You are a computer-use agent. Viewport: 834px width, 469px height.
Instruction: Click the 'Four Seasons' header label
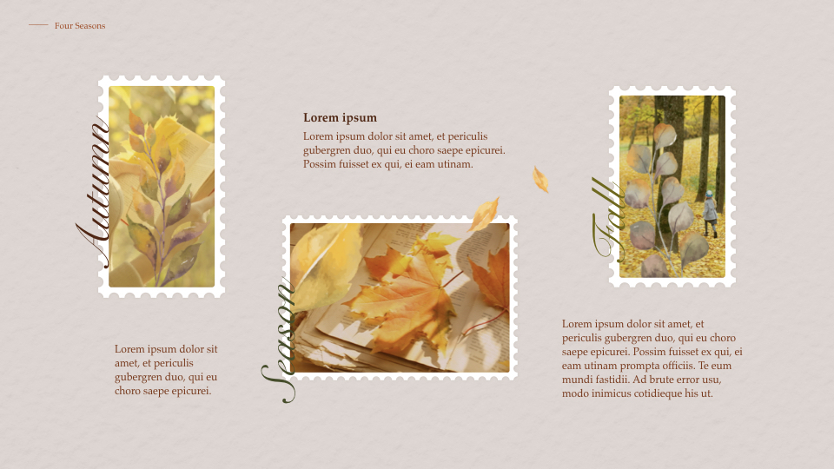click(x=80, y=26)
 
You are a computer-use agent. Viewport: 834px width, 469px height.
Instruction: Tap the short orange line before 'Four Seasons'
click(x=38, y=25)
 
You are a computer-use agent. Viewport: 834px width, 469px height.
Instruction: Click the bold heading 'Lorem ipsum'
click(x=340, y=118)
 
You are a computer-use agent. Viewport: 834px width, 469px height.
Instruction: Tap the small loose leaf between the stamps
click(x=540, y=179)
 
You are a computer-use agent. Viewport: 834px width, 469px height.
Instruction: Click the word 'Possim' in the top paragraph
click(x=319, y=164)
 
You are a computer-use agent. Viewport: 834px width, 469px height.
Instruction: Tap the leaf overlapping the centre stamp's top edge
click(x=484, y=215)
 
